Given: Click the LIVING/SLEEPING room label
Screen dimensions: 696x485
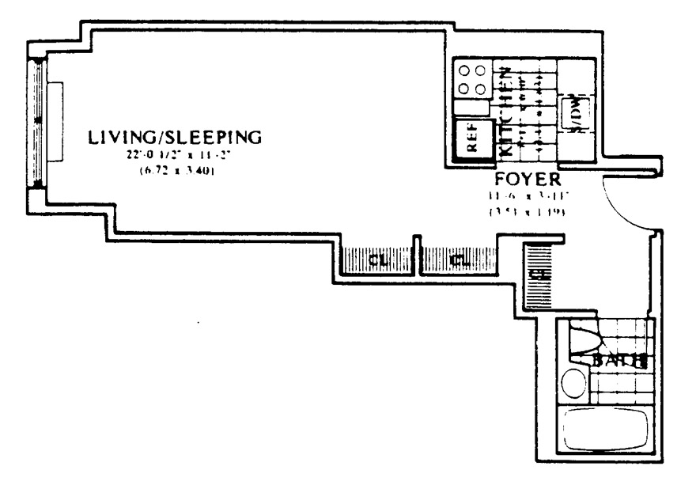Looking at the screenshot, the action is point(174,137).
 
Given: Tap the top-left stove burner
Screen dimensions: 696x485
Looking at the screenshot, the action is point(463,70).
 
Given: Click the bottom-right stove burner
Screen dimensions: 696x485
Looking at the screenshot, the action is point(480,89).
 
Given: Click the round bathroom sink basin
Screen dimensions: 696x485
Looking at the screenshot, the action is point(573,387).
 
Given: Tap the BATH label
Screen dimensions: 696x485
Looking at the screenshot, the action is point(621,362).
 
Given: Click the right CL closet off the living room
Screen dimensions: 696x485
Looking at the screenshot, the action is point(456,259).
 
